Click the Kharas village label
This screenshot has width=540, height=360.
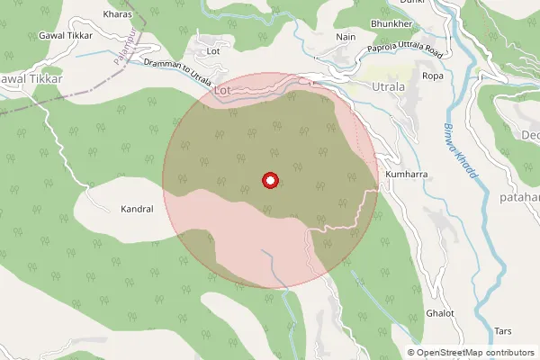point(118,14)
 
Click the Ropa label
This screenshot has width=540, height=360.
point(433,76)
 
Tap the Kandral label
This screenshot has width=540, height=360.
point(137,209)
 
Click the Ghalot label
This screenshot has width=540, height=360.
point(441,313)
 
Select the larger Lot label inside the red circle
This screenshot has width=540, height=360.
point(224,91)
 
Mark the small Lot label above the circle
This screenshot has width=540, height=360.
point(213,51)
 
